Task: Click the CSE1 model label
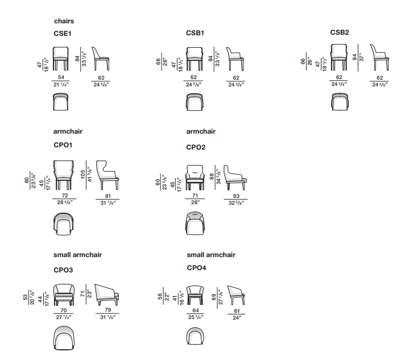click(62, 34)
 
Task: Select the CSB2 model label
click(340, 32)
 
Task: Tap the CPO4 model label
click(196, 267)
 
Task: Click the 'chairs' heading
click(64, 21)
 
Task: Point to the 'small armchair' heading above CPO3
click(78, 255)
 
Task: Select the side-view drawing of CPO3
click(106, 294)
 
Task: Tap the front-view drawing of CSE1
click(61, 59)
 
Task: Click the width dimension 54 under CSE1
click(61, 77)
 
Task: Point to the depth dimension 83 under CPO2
click(237, 196)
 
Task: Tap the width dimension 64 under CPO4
click(196, 310)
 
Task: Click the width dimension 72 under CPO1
click(65, 195)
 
